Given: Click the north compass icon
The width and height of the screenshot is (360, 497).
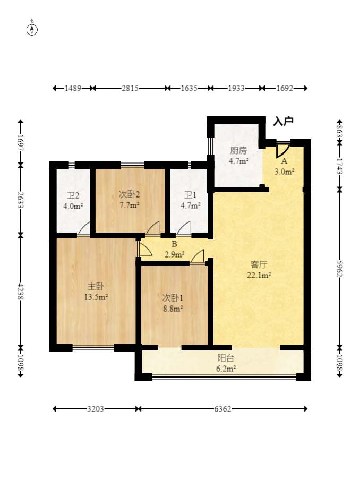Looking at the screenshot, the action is tap(32, 29).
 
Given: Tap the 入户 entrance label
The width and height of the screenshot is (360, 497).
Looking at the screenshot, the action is tap(284, 121).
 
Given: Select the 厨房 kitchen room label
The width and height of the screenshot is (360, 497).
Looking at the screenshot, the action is tap(238, 150).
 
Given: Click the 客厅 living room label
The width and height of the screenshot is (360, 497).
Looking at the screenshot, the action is tap(259, 264).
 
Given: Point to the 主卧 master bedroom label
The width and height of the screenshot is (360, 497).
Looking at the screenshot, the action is tap(96, 286).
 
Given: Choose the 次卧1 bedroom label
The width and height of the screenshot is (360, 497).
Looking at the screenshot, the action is tap(173, 298).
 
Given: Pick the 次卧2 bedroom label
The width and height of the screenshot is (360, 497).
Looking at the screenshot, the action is tap(130, 194).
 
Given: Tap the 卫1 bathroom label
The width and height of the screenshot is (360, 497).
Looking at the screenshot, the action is tap(190, 195).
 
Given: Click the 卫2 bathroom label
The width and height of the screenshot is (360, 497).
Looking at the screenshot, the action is tap(73, 195).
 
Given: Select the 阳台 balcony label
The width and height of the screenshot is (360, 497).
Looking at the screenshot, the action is tap(226, 358).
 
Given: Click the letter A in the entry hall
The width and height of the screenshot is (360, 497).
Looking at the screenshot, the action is tap(284, 161).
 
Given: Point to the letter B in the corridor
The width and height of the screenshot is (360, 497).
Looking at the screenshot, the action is tap(174, 244).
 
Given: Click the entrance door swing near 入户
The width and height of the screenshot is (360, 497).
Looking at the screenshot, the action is tap(282, 150).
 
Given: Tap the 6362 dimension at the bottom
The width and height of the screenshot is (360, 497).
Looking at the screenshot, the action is tap(222, 409).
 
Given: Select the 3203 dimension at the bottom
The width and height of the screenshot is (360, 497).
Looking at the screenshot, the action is tap(96, 409).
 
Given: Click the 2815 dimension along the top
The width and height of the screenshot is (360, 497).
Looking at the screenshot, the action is tap(130, 88).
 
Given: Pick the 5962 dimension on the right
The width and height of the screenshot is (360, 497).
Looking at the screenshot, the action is tap(339, 269).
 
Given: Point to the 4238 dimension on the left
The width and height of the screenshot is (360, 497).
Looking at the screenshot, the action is tap(21, 292).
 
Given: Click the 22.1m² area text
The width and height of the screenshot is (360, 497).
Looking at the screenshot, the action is tap(259, 275).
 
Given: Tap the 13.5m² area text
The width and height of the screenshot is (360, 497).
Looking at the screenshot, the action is tap(96, 297).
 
